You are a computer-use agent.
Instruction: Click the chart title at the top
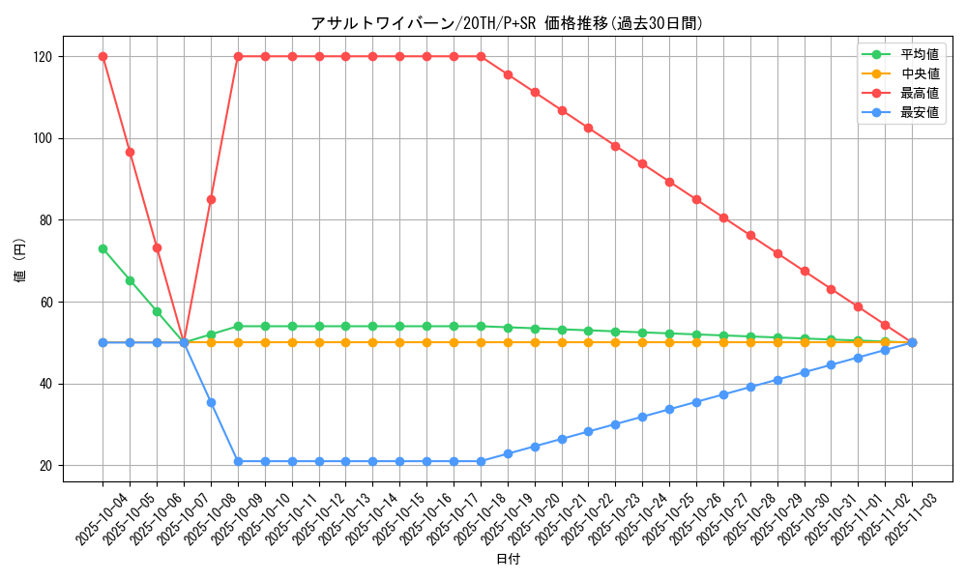point(507,23)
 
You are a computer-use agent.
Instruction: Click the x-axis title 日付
point(507,560)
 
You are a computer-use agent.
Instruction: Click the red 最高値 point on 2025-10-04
point(103,56)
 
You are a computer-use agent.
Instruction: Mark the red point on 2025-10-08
point(211,199)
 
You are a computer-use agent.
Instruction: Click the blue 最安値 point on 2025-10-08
point(211,402)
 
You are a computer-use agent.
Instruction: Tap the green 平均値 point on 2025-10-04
point(103,248)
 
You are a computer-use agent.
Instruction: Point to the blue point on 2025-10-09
point(238,461)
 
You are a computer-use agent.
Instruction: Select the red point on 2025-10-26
point(696,199)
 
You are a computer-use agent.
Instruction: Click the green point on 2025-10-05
point(130,280)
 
